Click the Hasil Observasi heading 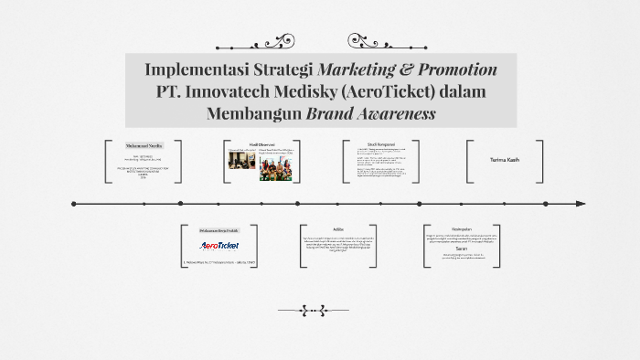[x=261, y=144]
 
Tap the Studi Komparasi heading [x=380, y=144]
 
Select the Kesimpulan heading [x=462, y=229]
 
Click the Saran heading [x=462, y=248]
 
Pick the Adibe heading [x=338, y=229]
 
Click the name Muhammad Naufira [x=143, y=145]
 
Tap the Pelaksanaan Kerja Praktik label [x=219, y=230]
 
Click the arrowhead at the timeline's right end [x=581, y=204]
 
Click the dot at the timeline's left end [x=73, y=204]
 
